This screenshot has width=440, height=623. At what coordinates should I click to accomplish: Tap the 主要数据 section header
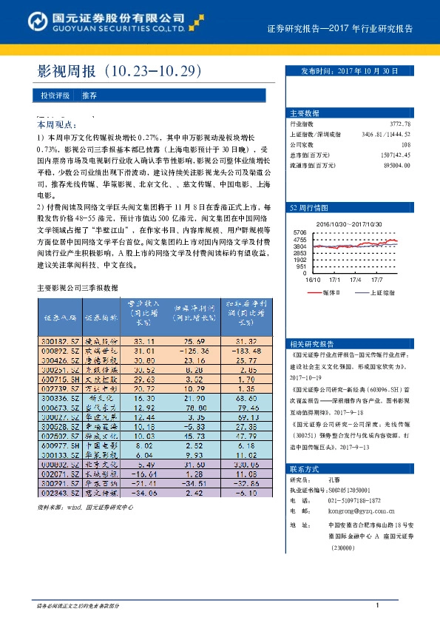tap(305, 113)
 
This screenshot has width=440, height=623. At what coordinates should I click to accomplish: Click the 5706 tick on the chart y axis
tap(299, 233)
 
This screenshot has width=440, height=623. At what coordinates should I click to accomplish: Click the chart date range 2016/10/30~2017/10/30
tap(348, 223)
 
